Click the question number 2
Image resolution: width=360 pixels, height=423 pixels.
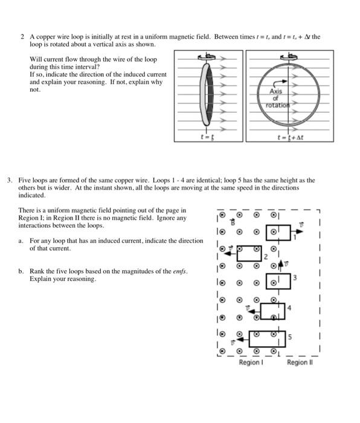(x=22, y=37)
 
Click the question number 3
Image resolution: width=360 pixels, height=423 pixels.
(x=10, y=180)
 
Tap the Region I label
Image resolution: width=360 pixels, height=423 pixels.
(x=251, y=363)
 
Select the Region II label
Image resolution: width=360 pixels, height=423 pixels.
(x=300, y=363)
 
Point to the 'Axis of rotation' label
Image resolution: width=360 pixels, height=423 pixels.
(x=277, y=98)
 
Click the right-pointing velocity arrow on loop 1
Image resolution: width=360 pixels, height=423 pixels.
(x=297, y=231)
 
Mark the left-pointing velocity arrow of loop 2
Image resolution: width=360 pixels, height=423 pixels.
(x=231, y=254)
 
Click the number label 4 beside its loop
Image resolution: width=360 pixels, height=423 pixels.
(x=289, y=308)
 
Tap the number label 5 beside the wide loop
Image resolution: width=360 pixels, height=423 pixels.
(x=289, y=337)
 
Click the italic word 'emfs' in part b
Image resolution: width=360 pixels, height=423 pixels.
(x=179, y=271)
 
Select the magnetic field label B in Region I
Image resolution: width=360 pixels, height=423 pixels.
(x=233, y=222)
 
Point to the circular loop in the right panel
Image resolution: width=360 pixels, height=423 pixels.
(x=257, y=94)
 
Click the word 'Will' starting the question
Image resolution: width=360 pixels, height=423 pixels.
(x=34, y=59)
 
